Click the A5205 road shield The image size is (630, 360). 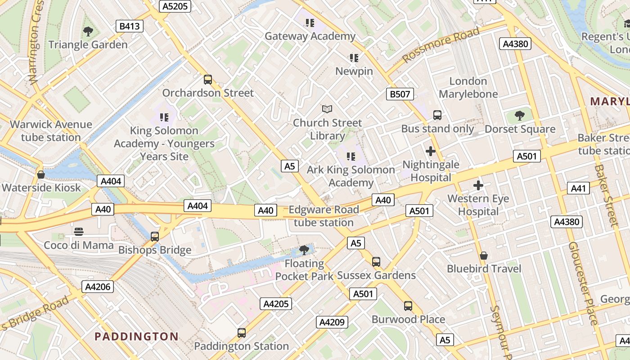point(175,6)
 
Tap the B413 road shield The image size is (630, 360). point(129,26)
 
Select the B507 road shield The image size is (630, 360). point(400,94)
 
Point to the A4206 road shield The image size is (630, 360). point(98,287)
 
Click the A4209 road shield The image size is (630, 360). point(333,322)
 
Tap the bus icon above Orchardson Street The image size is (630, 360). point(207,80)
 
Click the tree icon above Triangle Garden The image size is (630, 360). point(88,31)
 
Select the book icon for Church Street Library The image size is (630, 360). point(327,109)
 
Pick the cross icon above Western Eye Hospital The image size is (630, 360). point(478,185)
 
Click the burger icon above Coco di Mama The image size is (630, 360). point(79,232)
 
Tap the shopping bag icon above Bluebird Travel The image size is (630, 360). point(484,256)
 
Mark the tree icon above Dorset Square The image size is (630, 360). point(520,116)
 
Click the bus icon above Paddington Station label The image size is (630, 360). point(242,333)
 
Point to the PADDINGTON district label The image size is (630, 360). point(136,336)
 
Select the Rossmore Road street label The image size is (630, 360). point(441,45)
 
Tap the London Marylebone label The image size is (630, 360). point(468,88)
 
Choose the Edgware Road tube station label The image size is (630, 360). point(324,216)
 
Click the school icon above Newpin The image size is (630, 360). point(354,58)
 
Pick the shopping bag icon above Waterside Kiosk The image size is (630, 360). point(41,174)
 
